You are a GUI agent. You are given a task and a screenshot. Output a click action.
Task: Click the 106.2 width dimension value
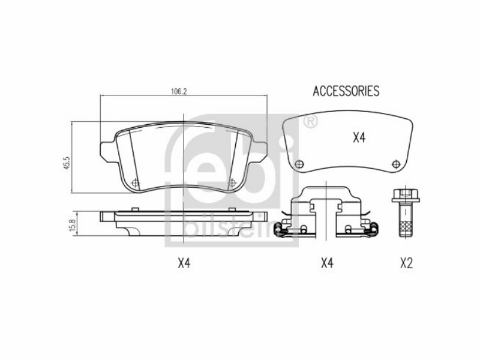(x=178, y=91)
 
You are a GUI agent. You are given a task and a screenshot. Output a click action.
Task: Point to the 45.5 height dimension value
(x=67, y=163)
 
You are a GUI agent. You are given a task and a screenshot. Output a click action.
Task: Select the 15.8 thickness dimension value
(x=73, y=225)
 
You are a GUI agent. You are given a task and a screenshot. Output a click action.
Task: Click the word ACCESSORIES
(x=346, y=91)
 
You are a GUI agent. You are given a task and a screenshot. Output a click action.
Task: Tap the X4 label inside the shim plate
(x=359, y=138)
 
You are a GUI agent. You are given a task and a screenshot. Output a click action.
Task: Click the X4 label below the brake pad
(x=184, y=263)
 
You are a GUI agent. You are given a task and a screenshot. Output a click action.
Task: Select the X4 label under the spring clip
(x=327, y=263)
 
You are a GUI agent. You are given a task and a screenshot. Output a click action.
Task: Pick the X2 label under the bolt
(x=406, y=263)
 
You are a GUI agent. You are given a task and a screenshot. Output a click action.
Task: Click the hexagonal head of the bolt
(x=406, y=196)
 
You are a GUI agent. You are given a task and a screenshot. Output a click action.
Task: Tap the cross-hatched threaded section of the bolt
(x=406, y=227)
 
